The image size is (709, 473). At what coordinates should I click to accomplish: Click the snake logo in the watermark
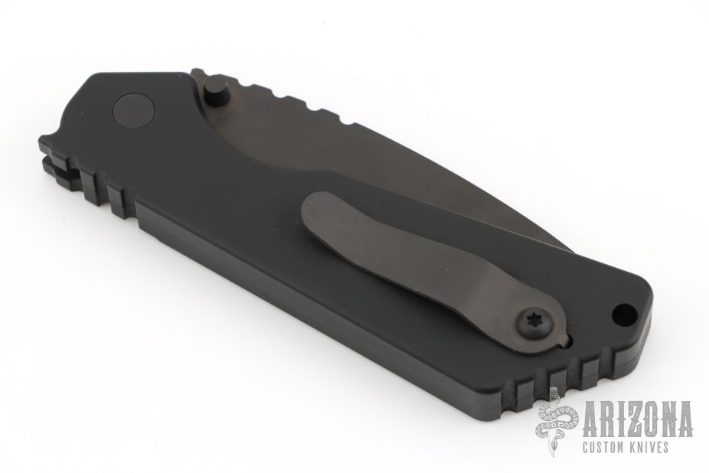pyautogui.click(x=557, y=422)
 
